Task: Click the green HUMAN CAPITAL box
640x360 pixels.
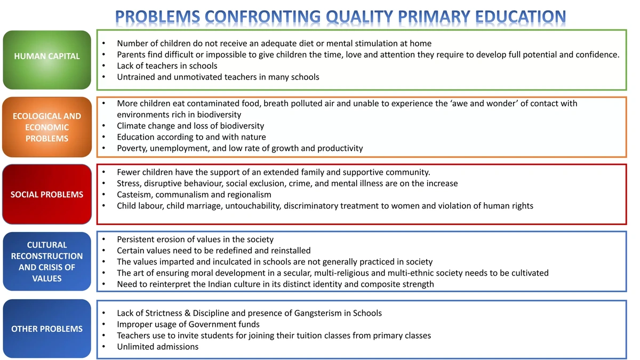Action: [x=47, y=56]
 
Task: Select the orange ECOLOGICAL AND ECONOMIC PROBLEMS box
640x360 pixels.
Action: [x=47, y=127]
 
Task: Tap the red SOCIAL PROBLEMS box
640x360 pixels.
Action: [x=47, y=195]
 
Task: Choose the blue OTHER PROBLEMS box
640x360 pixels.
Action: [x=47, y=329]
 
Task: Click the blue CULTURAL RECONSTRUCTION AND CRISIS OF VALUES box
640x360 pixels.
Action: [x=47, y=262]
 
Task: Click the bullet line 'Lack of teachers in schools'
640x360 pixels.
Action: [x=167, y=66]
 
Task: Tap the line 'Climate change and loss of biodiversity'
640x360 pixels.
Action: [x=190, y=126]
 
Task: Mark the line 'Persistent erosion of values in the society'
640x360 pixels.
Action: [x=195, y=239]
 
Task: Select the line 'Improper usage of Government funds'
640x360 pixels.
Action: [x=188, y=324]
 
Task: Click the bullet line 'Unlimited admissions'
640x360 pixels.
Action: [x=157, y=347]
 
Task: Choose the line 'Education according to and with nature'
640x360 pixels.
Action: [x=191, y=137]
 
